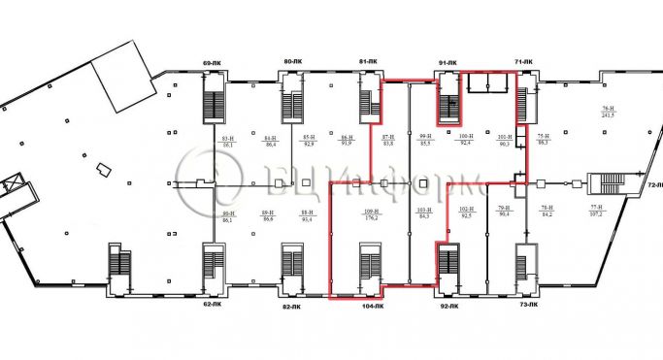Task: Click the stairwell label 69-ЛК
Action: pyautogui.click(x=212, y=63)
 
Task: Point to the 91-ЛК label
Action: pyautogui.click(x=448, y=63)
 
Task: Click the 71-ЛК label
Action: pyautogui.click(x=525, y=63)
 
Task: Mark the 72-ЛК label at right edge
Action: pyautogui.click(x=653, y=183)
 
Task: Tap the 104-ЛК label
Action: pyautogui.click(x=372, y=306)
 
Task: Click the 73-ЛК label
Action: pyautogui.click(x=528, y=306)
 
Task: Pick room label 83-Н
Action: pyautogui.click(x=228, y=142)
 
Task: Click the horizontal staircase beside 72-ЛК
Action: pyautogui.click(x=606, y=183)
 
